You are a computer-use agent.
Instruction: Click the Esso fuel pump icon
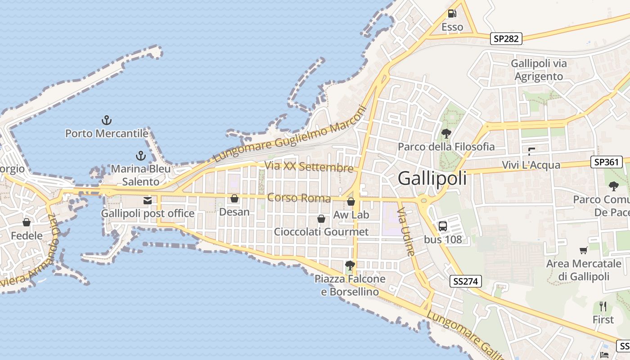coord(452,13)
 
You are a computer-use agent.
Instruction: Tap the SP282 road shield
coord(506,39)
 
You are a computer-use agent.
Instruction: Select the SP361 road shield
coord(606,162)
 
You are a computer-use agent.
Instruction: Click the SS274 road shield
coord(465,282)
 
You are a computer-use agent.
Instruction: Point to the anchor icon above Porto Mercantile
coord(107,120)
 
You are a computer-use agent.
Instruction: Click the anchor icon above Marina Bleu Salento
coord(141,156)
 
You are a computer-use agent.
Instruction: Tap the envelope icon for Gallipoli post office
coord(148,200)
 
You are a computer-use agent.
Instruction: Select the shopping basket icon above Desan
coord(234,198)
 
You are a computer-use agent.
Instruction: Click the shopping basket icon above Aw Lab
coord(351,201)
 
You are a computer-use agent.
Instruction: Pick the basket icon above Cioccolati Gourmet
coord(321,219)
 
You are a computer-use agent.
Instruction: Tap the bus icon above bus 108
coord(443,226)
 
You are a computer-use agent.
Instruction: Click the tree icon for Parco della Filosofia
coord(446,133)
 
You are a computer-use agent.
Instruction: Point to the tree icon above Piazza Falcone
coord(350,265)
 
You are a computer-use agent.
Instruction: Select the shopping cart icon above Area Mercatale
coord(584,250)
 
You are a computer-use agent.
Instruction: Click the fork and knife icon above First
coord(603,306)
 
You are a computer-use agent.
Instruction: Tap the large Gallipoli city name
coord(432,179)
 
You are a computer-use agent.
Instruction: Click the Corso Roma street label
coord(299,198)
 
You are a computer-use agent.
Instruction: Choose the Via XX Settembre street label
coord(309,166)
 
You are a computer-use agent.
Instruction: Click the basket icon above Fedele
coord(27,222)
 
